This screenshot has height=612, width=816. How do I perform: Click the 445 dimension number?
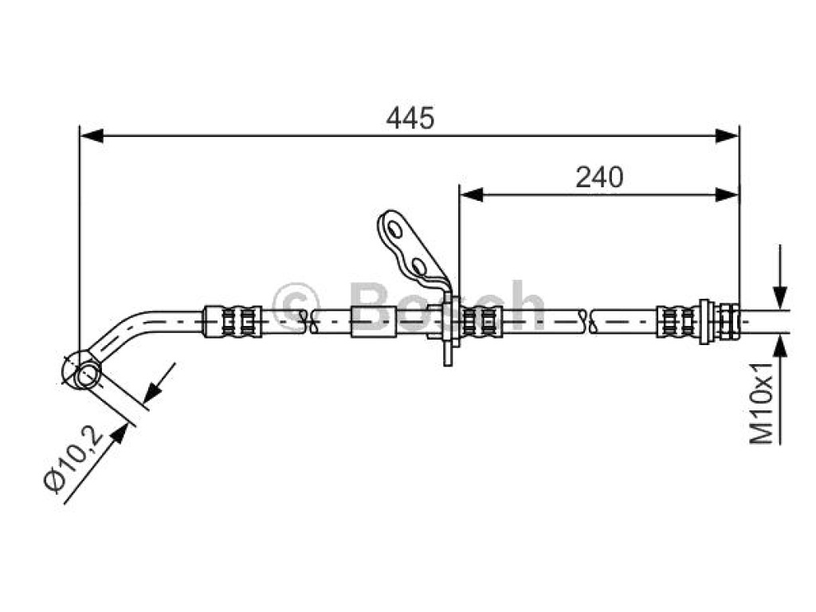410,118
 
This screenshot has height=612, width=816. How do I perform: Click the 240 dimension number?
599,178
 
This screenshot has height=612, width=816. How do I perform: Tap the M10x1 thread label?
762,402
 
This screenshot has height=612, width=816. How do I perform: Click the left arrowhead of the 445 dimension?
92,136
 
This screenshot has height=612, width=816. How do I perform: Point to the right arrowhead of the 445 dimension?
727,136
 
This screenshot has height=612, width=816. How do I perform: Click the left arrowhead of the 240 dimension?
472,195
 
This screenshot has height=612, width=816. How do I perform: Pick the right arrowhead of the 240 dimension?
727,195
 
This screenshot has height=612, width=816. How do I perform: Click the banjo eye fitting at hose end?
82,371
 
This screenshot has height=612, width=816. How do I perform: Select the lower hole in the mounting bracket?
419,266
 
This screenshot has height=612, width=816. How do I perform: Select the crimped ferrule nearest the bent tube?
232,322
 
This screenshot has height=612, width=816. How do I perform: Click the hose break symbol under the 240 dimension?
586,321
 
